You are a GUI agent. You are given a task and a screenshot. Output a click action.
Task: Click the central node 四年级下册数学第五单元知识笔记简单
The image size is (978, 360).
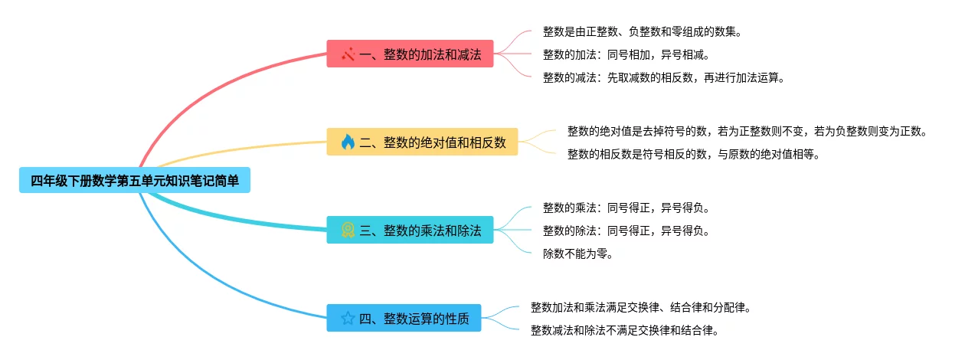coord(134,181)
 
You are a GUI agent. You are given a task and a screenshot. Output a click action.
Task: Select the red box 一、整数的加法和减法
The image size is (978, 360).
coord(410,54)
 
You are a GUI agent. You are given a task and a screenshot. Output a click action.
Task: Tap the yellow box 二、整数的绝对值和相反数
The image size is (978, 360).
coord(422,142)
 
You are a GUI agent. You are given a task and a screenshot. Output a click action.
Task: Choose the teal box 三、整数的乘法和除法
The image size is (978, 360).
coord(410,230)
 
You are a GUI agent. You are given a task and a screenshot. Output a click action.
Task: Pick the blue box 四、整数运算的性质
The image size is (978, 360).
coord(404,318)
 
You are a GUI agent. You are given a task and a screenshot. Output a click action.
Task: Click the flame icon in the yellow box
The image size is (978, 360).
coord(348,142)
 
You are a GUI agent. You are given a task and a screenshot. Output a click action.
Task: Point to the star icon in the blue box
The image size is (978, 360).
coord(348,318)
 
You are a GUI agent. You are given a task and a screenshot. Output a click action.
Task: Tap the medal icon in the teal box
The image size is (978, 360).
coord(348,230)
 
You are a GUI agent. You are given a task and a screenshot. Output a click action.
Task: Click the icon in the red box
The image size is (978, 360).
coord(348,54)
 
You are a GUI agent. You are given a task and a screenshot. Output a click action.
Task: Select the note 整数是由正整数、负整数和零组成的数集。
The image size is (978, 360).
coord(642,31)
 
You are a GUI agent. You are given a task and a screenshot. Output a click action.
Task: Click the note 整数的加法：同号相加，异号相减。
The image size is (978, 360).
coord(626,54)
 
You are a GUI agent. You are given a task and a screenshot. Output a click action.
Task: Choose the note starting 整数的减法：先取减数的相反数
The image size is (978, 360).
coord(664,77)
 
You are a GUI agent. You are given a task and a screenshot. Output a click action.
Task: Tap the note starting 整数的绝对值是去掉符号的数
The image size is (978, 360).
coord(747,131)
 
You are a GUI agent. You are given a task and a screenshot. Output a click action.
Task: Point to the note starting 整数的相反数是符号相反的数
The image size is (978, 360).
coord(693,154)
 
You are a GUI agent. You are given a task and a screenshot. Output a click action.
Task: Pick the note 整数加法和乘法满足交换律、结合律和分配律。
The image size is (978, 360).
coord(640,307)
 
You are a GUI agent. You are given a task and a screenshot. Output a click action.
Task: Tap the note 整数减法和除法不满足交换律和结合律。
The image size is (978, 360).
coord(624,330)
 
